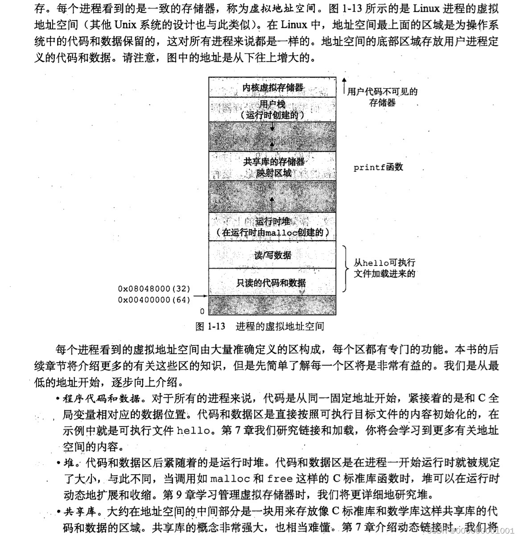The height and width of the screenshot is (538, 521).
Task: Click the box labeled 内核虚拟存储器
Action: click(273, 87)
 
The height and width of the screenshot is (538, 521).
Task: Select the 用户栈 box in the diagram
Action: click(273, 109)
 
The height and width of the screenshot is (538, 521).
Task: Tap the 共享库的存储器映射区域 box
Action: click(273, 166)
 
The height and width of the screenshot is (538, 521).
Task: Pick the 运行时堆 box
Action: click(273, 227)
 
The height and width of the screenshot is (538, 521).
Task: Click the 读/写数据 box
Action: click(273, 255)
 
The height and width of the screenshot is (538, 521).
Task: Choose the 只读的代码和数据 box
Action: click(273, 282)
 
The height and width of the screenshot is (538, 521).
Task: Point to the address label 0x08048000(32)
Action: click(154, 289)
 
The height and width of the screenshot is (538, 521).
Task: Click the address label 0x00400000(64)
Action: click(154, 300)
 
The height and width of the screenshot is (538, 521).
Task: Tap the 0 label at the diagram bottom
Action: click(202, 311)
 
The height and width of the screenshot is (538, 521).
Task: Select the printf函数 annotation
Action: click(378, 167)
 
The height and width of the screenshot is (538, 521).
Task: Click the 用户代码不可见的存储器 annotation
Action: click(382, 97)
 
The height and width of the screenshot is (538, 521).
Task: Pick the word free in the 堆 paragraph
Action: click(280, 479)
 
